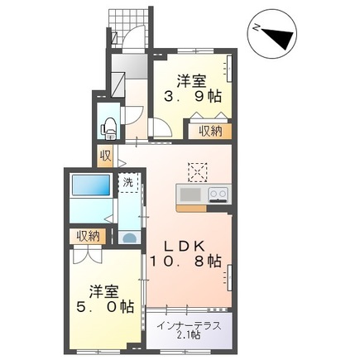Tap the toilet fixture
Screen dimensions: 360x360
[108, 127]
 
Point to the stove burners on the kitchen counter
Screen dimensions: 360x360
[218, 194]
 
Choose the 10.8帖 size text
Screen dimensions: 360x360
[185, 262]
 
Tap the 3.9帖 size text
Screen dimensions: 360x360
[191, 96]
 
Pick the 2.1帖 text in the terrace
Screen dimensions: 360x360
[190, 335]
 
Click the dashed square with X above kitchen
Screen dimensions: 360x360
[197, 170]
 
